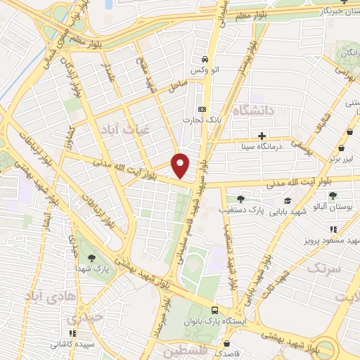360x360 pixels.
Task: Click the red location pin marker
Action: point(181,165)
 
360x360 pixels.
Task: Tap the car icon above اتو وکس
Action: point(204,60)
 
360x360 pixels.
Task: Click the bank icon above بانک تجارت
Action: point(202,109)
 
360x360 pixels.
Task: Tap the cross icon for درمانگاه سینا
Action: point(262,136)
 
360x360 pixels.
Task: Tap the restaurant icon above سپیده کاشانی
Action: point(70,333)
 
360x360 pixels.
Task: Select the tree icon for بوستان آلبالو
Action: point(333,195)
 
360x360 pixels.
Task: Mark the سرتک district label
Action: point(323,269)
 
